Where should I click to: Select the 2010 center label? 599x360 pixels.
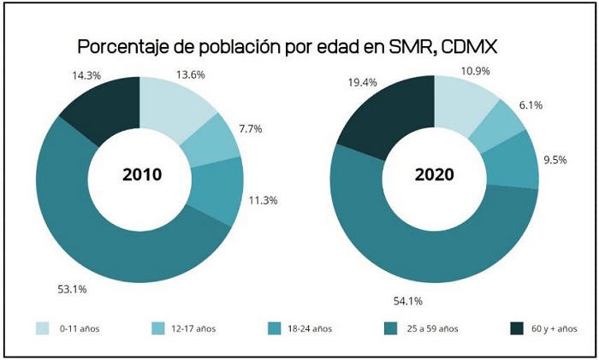point(142,175)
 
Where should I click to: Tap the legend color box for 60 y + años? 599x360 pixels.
point(516,329)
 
